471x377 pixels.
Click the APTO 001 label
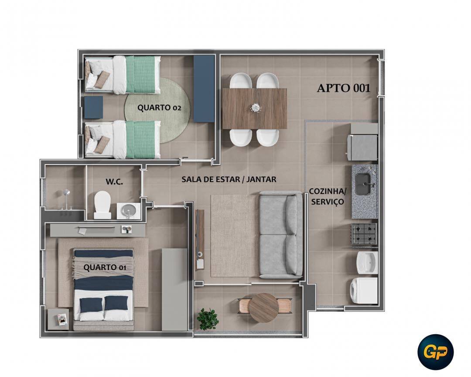343,88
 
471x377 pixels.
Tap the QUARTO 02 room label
159,108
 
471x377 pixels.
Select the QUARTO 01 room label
105,267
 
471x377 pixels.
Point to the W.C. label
114,182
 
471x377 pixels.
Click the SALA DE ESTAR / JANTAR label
229,179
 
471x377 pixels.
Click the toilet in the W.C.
102,205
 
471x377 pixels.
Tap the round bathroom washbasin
129,210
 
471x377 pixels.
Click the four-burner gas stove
364,233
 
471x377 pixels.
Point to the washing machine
364,291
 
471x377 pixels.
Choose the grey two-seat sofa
281,234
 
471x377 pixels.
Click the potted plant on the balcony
208,319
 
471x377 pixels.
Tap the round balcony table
264,307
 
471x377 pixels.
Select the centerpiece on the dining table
255,107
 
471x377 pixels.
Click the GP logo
435,352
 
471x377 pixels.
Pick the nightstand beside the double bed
58,319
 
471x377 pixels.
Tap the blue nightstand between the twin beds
93,107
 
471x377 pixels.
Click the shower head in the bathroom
66,193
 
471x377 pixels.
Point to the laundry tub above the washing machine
367,262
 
